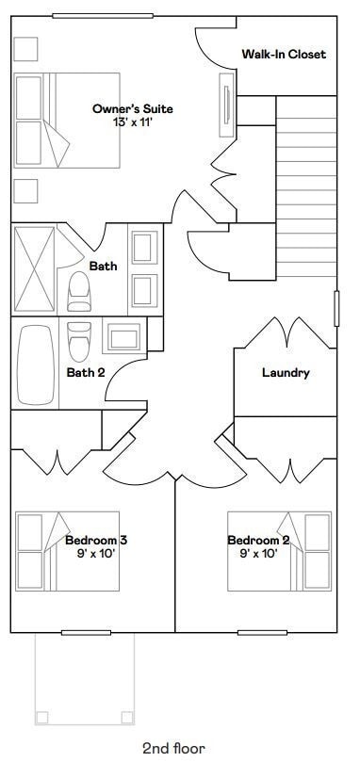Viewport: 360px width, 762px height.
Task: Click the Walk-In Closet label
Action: [x=283, y=55]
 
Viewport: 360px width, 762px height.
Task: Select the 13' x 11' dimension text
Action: [x=132, y=122]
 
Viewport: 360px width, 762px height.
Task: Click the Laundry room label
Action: [x=286, y=373]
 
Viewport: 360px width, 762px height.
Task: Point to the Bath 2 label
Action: [x=86, y=372]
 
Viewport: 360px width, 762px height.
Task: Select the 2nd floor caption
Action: [x=173, y=748]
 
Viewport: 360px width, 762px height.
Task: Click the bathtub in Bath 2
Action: [x=35, y=364]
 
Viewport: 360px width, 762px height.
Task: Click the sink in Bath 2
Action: [x=122, y=338]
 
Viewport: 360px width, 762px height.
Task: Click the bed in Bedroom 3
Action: [x=57, y=551]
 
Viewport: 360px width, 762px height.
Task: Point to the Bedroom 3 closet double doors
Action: [x=57, y=462]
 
